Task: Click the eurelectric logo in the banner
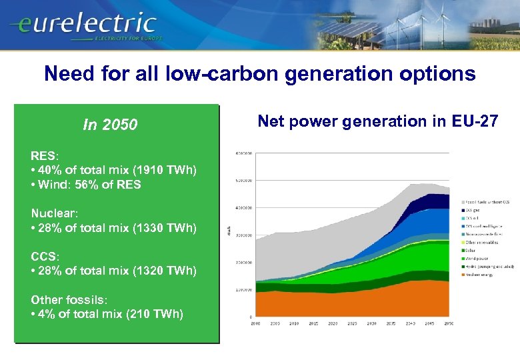tap(83, 25)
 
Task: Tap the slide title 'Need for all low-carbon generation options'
tap(259, 73)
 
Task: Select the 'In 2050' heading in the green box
tap(110, 125)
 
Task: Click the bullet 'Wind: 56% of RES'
tap(86, 185)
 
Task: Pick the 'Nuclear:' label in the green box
tap(53, 213)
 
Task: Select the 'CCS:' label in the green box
tap(45, 256)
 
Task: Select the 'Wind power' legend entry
tap(477, 258)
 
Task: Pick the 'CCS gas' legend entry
tap(474, 209)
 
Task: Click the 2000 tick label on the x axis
tap(255, 323)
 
